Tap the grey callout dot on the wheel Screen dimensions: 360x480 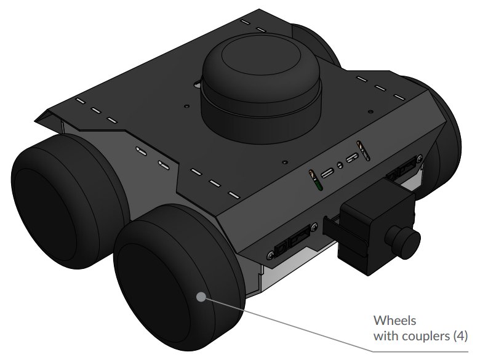click(201, 297)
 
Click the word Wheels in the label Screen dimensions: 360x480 click(394, 321)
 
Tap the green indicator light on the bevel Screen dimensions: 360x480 click(315, 184)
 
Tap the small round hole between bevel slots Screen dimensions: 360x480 click(339, 166)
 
